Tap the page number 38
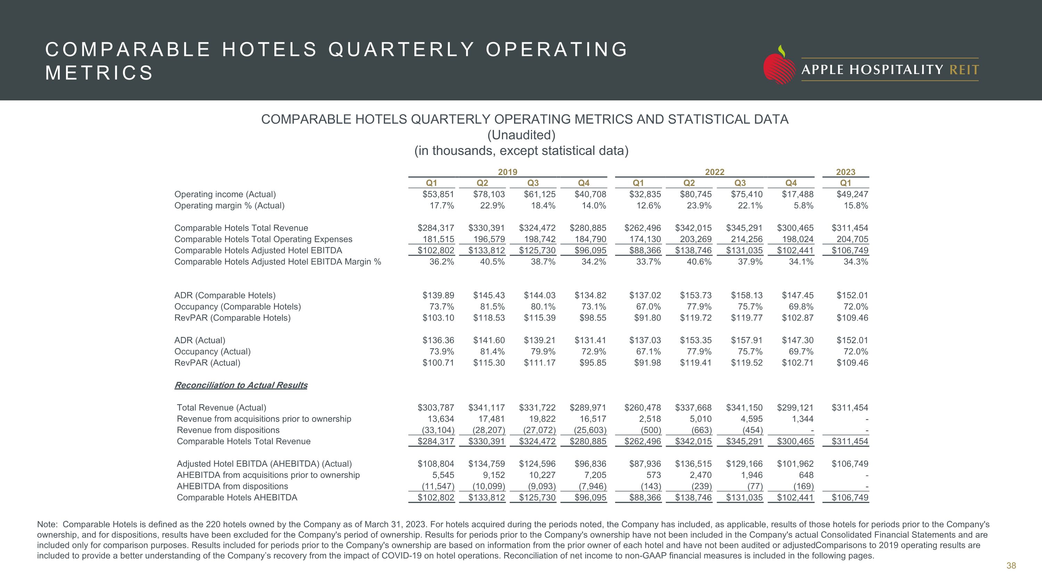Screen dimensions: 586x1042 (x=1011, y=566)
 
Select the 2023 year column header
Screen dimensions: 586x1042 (x=845, y=172)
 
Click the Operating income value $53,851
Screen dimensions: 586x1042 (x=438, y=194)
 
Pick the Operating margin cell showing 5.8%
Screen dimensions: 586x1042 (x=803, y=205)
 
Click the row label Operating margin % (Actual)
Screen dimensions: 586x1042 (x=229, y=205)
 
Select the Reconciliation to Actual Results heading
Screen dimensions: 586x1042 (x=241, y=385)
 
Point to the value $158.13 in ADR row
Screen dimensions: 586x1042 (x=746, y=295)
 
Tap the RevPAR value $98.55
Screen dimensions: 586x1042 (x=593, y=318)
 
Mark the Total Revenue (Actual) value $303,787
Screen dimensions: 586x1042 (x=436, y=408)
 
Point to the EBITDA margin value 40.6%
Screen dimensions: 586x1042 (x=699, y=262)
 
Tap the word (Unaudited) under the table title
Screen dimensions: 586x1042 (x=521, y=135)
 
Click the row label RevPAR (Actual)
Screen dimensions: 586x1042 (x=207, y=363)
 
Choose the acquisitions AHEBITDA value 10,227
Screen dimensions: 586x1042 (x=542, y=475)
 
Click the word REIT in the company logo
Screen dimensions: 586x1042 (x=964, y=70)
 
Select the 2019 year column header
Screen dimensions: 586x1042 (x=508, y=172)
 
